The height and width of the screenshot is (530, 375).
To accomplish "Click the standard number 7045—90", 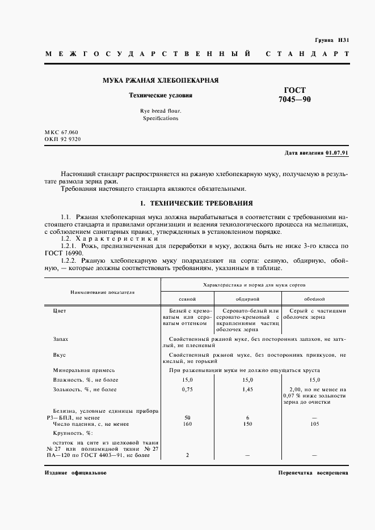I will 295,100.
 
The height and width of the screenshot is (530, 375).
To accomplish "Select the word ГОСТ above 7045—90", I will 295,90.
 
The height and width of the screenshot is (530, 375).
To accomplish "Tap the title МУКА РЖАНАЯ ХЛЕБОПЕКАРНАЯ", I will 161,81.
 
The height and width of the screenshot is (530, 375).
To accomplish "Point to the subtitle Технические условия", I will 161,96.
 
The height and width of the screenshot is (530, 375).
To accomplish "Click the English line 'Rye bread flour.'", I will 161,111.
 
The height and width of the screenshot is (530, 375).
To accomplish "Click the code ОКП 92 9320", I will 62,139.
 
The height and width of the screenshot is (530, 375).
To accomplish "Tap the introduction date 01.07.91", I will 338,153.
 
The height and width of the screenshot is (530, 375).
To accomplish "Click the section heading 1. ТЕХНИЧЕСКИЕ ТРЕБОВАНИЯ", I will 196,203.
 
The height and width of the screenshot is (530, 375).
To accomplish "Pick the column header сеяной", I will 187,298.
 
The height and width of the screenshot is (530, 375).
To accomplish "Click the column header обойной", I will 314,298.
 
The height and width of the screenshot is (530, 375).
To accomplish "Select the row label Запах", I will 60,339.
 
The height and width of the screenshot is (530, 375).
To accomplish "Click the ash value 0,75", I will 187,390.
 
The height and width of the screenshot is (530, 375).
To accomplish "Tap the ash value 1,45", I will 247,390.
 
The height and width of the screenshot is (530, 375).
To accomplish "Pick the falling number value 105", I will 314,424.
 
